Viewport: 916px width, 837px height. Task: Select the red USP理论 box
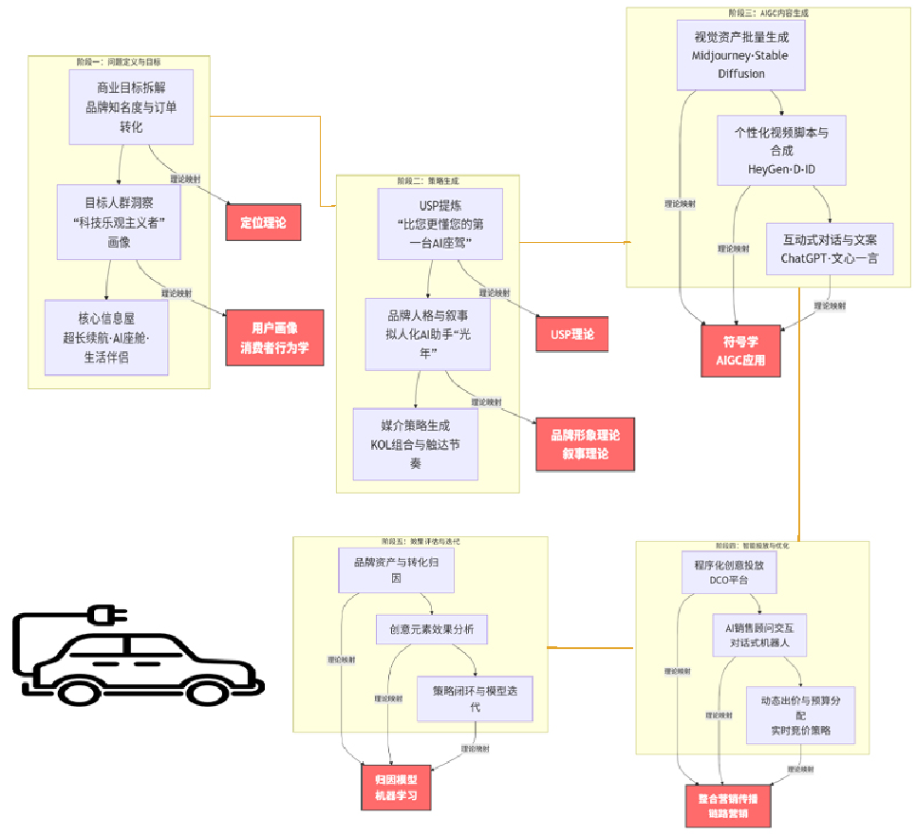(571, 333)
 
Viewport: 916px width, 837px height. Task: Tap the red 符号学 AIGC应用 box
(740, 351)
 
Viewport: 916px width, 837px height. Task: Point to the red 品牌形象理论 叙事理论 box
(585, 443)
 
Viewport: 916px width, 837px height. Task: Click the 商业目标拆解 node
(131, 107)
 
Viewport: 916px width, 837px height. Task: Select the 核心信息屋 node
(106, 338)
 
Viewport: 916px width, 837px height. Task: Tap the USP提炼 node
(439, 223)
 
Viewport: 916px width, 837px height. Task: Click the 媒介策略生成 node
(416, 443)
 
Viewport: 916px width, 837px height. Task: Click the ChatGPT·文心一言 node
(830, 249)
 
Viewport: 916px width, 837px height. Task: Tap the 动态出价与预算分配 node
(800, 715)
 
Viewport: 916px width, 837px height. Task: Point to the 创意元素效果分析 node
(431, 629)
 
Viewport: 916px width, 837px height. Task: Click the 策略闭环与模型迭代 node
(475, 697)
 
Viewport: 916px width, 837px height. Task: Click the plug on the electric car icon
(102, 615)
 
